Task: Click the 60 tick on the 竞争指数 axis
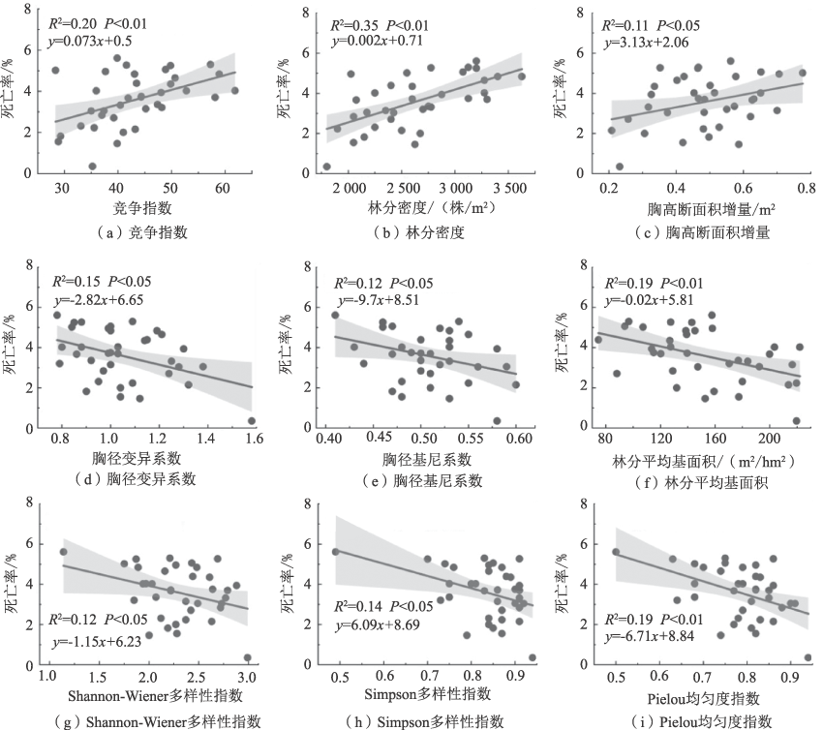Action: pos(223,187)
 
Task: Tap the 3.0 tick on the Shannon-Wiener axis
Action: pos(248,682)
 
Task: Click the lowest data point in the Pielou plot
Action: pos(808,657)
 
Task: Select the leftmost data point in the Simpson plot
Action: pos(336,552)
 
